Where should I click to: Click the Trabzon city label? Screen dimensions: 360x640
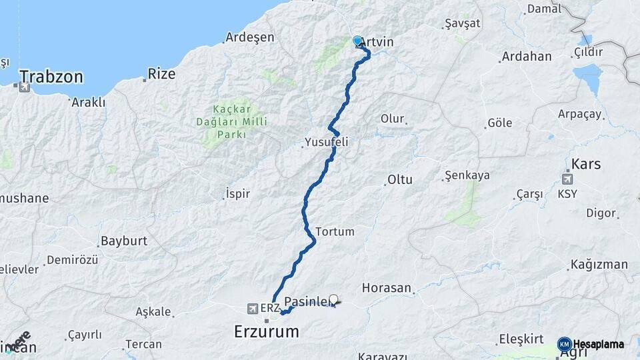click(x=51, y=77)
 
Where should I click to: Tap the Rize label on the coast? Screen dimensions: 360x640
click(x=161, y=73)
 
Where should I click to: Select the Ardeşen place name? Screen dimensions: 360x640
click(x=249, y=37)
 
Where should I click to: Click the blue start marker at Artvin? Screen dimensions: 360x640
click(x=357, y=41)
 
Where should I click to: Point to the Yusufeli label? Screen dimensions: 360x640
click(x=326, y=142)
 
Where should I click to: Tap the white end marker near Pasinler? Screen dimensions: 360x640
click(x=333, y=299)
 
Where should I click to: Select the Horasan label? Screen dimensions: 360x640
click(x=387, y=288)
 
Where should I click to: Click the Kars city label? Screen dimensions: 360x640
click(x=586, y=164)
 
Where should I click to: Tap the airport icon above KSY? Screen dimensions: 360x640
click(x=567, y=179)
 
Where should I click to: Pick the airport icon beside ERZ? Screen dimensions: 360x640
click(x=251, y=308)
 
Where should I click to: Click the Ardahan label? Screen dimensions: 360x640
click(x=526, y=56)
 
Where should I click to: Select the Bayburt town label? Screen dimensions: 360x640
click(x=123, y=241)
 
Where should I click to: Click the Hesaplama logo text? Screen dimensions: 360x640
click(x=598, y=344)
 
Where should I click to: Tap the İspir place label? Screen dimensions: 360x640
click(x=238, y=194)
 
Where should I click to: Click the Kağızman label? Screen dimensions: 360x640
click(x=598, y=265)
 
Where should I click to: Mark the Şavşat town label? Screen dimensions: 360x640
click(x=462, y=23)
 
